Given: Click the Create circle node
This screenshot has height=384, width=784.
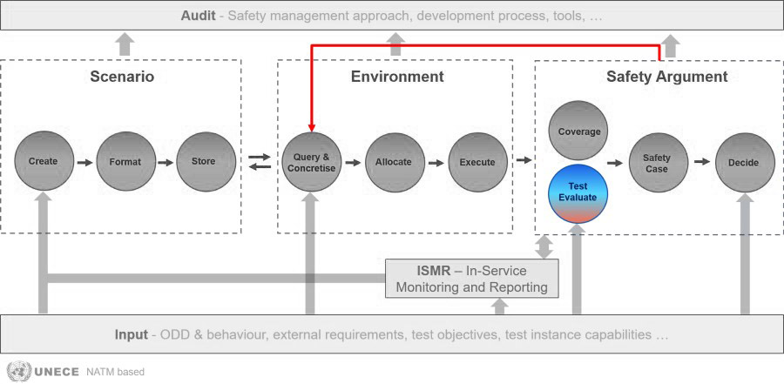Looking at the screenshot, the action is point(44,161).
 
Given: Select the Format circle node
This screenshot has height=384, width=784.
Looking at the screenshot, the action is point(126,161).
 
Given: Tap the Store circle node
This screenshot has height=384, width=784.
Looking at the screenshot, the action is point(206,161).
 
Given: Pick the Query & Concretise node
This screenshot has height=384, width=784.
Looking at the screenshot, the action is point(312,162).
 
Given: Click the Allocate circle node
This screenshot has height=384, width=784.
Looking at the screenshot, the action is point(395,162).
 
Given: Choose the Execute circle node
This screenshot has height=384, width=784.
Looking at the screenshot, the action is point(478,162).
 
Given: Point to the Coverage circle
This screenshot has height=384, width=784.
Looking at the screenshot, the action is point(578,131).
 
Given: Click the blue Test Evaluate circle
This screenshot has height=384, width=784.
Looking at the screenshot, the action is point(578,193).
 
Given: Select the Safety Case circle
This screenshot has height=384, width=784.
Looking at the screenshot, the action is point(658,163).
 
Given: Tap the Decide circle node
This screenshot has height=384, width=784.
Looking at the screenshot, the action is point(745,163).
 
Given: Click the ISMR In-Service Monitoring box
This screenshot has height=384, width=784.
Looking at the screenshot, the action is point(471,279).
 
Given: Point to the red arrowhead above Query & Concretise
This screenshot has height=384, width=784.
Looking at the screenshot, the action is point(312,127).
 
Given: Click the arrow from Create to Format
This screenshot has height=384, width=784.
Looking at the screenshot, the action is point(85,163).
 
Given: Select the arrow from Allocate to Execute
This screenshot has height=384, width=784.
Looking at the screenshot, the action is point(436,163).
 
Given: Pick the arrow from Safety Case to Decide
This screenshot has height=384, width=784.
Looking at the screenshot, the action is point(702,161).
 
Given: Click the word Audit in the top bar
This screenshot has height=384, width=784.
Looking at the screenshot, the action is point(198,16).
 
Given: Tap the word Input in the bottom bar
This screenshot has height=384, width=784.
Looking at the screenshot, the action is point(131,334).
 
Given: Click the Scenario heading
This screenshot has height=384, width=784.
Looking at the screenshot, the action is point(122,77).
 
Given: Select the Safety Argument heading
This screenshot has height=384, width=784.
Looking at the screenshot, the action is point(667,77).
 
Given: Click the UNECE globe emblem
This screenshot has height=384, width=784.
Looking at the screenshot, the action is point(18,372).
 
